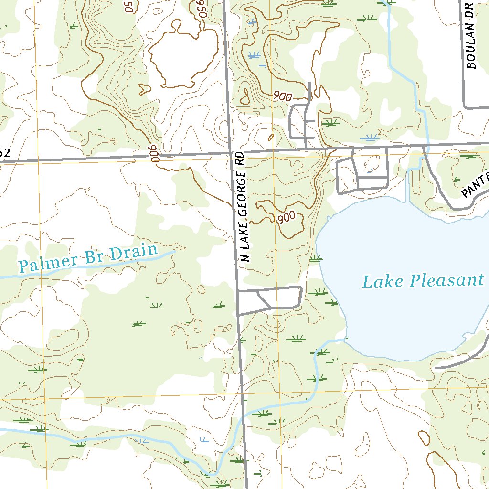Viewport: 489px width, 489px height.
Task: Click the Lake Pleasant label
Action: pos(423,281)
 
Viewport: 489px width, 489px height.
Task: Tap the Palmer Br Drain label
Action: pos(88,258)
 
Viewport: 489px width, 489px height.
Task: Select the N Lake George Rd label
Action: pos(244,208)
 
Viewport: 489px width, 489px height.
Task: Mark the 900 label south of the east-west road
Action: pos(287,217)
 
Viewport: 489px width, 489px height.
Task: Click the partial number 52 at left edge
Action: pos(5,153)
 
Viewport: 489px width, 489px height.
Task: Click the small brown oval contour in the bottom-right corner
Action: pos(424,438)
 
